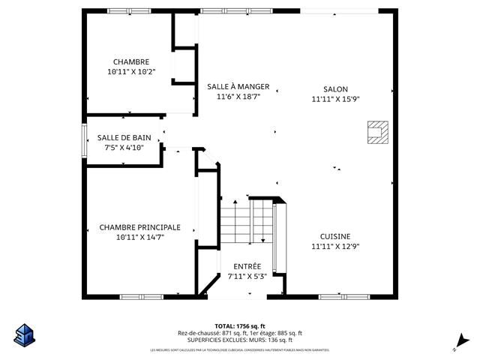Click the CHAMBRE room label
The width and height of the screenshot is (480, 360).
coord(131,61)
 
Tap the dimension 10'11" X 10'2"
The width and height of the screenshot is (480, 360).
coord(131,72)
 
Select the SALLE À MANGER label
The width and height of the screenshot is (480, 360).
coord(238,87)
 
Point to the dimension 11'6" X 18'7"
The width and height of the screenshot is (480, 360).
coord(238,97)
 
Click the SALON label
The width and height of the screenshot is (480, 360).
coord(335,88)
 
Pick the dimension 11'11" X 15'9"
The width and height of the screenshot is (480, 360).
coord(335,98)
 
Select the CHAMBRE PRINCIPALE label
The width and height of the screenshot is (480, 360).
coord(140,226)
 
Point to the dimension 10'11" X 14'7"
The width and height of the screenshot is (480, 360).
coord(140,237)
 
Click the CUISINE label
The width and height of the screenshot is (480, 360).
coord(335,236)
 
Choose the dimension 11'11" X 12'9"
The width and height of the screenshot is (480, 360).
coord(335,246)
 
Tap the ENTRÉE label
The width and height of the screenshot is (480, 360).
coord(247,266)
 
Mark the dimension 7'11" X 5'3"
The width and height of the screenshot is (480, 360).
coord(247,276)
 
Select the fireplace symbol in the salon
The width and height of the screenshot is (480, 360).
coord(376,132)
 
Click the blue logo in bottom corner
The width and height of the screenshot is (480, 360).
coord(24,334)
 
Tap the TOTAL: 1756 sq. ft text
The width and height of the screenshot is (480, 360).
coord(239,325)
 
